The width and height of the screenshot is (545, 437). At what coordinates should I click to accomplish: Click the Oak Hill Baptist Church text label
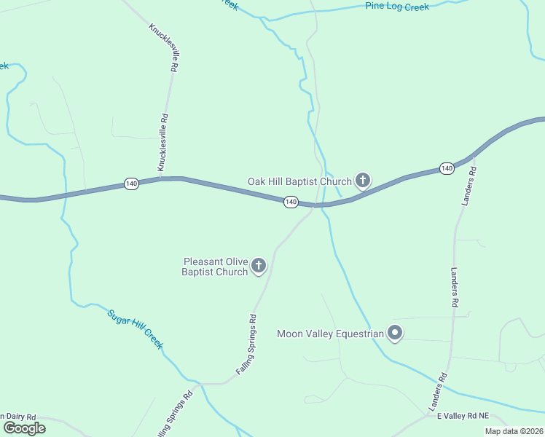coord(299,181)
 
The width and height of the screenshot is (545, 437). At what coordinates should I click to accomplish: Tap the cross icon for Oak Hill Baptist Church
coord(363,181)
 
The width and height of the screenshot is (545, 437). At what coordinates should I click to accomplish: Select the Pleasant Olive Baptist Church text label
coord(215,267)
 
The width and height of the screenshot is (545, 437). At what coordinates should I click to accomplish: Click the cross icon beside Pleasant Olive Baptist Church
coord(259,267)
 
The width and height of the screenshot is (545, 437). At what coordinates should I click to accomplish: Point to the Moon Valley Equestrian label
coord(330,334)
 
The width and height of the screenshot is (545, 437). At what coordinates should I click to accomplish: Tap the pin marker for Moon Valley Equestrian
coord(395,334)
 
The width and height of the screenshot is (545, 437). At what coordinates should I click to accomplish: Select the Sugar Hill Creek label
coord(135,329)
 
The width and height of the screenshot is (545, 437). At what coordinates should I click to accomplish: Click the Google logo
coord(24,428)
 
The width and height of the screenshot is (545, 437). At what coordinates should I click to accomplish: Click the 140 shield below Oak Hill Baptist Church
coord(291,202)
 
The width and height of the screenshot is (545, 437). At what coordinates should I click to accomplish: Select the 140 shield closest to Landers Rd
coord(447,169)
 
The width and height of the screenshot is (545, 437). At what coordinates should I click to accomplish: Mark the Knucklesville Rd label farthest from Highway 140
coord(163,48)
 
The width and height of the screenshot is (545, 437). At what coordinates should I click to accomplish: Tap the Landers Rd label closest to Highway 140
coord(468,186)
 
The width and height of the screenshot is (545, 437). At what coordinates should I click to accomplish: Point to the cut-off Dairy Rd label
coord(18,417)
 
